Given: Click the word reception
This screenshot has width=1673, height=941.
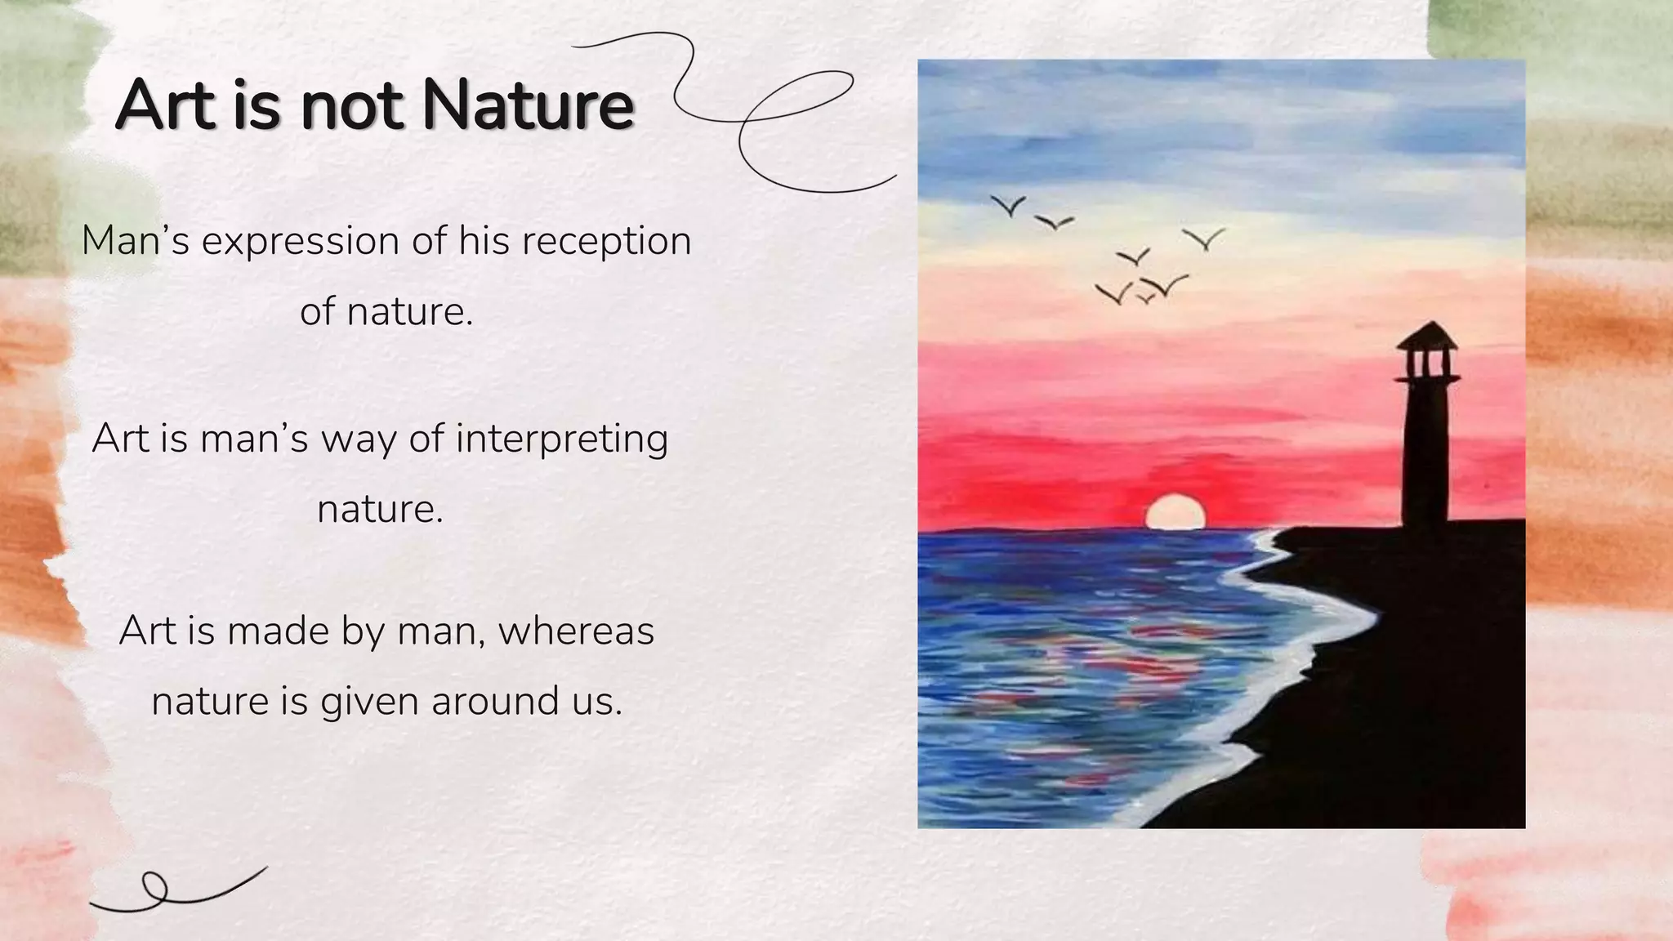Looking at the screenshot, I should click(x=606, y=242).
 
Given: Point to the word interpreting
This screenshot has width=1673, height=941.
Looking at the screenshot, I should click(x=562, y=439).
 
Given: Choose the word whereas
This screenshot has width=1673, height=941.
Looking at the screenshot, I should click(x=577, y=631).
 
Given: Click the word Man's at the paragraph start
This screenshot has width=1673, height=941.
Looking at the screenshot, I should click(x=136, y=240).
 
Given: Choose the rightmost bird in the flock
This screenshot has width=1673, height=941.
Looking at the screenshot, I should click(x=1204, y=239).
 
